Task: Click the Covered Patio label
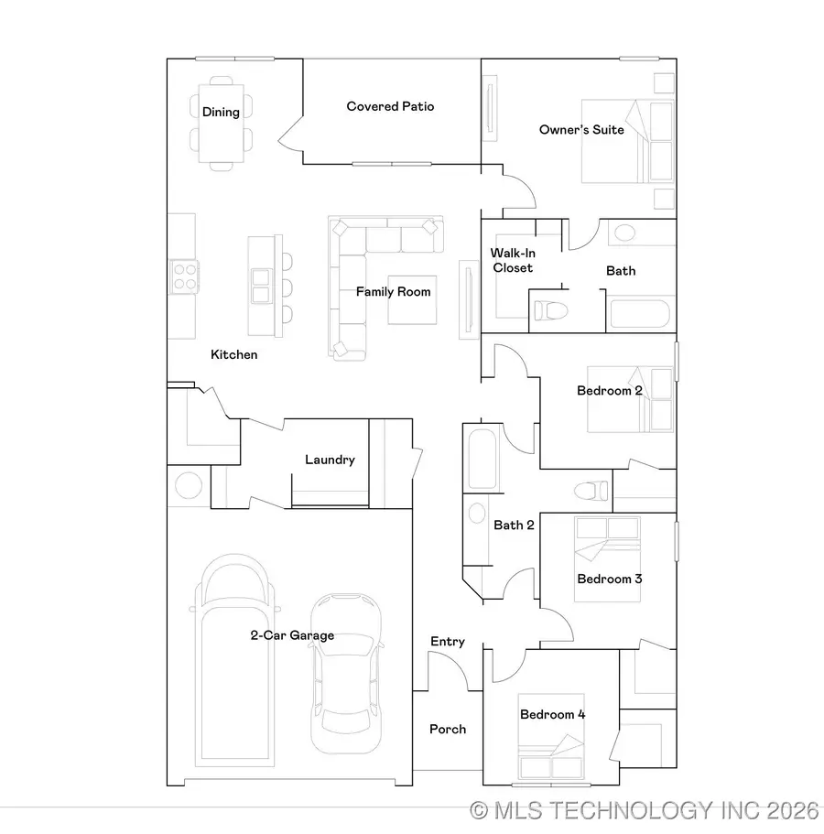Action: pos(390,106)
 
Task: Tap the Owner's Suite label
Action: pos(581,130)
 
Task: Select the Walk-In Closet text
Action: pos(512,260)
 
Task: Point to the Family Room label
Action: pos(393,292)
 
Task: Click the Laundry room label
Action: pos(330,460)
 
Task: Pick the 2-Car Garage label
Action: pos(292,635)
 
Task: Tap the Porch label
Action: pos(448,729)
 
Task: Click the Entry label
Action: pos(448,642)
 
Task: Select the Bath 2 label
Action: pos(514,525)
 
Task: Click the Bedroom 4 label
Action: pos(552,714)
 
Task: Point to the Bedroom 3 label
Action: pos(609,579)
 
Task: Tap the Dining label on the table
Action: pos(221,112)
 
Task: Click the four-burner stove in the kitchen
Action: pos(184,276)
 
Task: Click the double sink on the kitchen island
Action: pos(261,285)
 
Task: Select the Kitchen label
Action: pos(234,354)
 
